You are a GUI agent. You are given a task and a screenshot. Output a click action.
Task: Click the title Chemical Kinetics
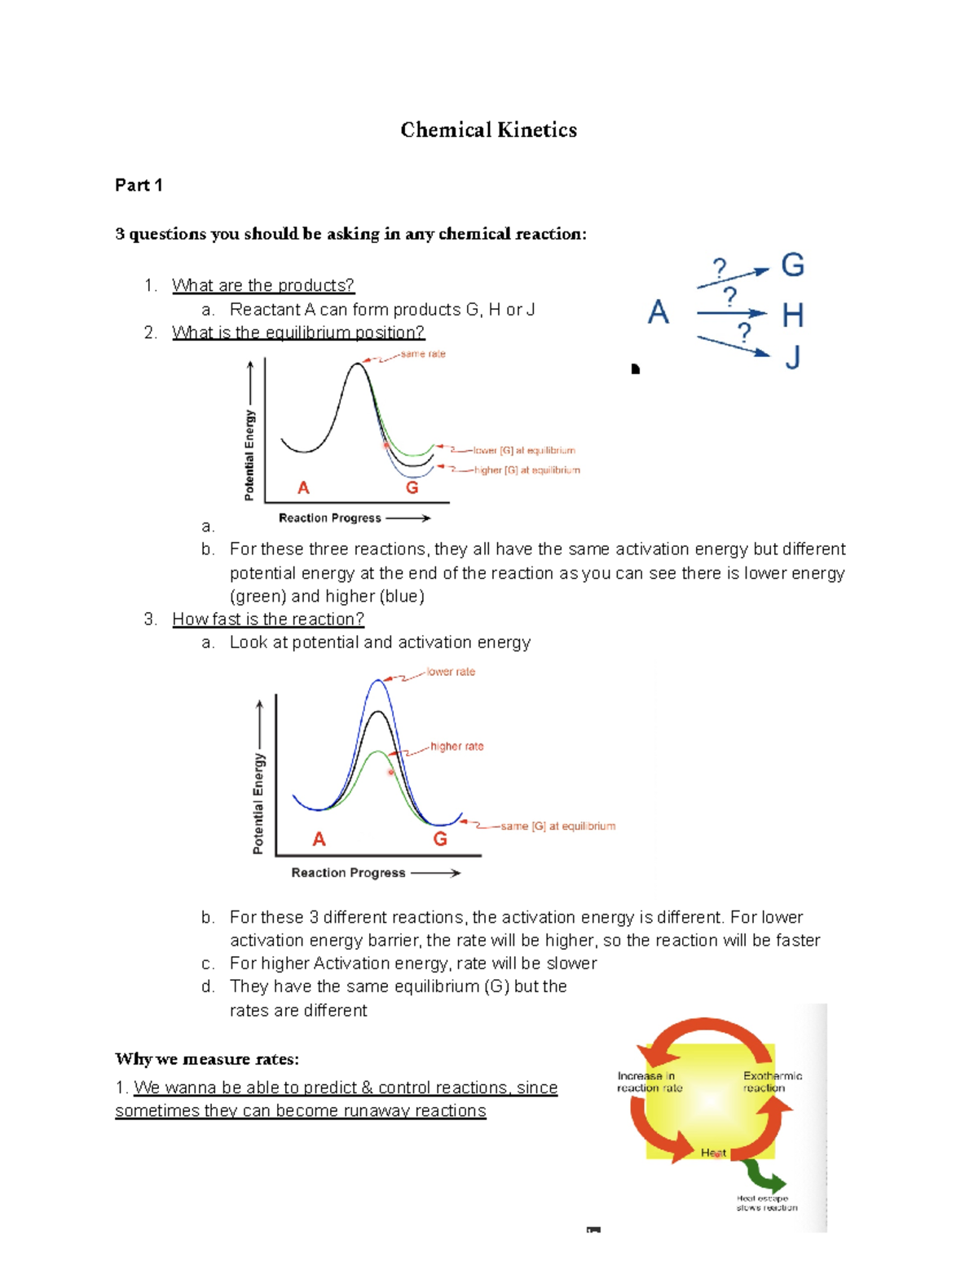coord(488,130)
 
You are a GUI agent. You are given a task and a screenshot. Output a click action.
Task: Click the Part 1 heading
coord(139,185)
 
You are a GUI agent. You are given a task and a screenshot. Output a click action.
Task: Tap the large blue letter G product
coord(792,266)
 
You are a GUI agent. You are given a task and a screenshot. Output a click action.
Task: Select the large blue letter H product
coord(792,315)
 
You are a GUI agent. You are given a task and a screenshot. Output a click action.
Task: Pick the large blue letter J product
coord(792,357)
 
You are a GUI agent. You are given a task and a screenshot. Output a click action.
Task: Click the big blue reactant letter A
coord(659,312)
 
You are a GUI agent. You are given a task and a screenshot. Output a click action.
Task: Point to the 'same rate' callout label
coord(423,354)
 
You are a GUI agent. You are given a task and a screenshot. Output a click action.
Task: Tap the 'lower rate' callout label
coord(451,672)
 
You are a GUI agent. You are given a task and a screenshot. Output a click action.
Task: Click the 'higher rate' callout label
coord(456,746)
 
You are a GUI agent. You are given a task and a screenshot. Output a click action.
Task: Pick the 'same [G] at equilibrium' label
coord(557,826)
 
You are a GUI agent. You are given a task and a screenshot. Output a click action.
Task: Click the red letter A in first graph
coord(303,487)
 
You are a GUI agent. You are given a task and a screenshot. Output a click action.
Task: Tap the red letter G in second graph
coord(440,839)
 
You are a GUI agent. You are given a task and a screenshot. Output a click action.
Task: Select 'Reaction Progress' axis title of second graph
coord(348,872)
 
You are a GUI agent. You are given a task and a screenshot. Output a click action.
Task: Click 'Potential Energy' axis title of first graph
coord(249,455)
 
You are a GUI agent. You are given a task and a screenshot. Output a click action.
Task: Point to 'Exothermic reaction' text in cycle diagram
coord(772,1082)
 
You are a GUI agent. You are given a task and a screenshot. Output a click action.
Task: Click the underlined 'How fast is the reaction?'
coord(268,620)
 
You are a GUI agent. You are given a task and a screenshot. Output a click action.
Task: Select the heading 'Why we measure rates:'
coord(207,1059)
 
